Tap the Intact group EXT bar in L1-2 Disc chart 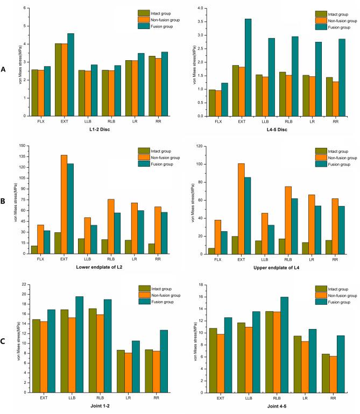[58, 80]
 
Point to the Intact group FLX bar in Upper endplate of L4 [211, 251]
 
